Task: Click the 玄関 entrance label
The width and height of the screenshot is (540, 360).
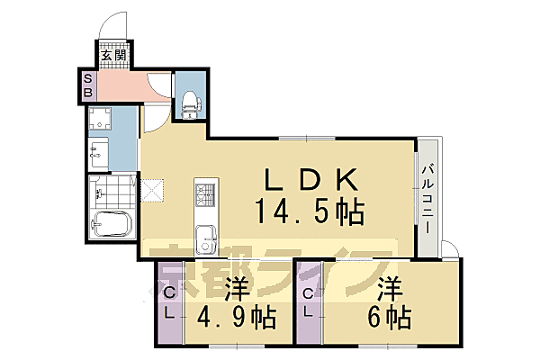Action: [x=113, y=56]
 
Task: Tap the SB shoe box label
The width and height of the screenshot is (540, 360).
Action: [x=87, y=86]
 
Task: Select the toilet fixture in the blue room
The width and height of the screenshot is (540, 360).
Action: [x=189, y=105]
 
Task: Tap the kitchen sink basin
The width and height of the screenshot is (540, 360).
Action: [x=207, y=240]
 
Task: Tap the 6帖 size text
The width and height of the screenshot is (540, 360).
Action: [x=388, y=318]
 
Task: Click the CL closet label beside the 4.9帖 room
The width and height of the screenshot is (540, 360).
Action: [x=169, y=301]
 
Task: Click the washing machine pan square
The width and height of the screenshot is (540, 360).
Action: [x=102, y=121]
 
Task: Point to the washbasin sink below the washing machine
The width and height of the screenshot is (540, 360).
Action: [x=98, y=153]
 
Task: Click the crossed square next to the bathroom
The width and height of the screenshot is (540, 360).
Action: [x=151, y=191]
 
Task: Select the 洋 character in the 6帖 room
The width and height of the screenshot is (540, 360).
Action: [x=389, y=290]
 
